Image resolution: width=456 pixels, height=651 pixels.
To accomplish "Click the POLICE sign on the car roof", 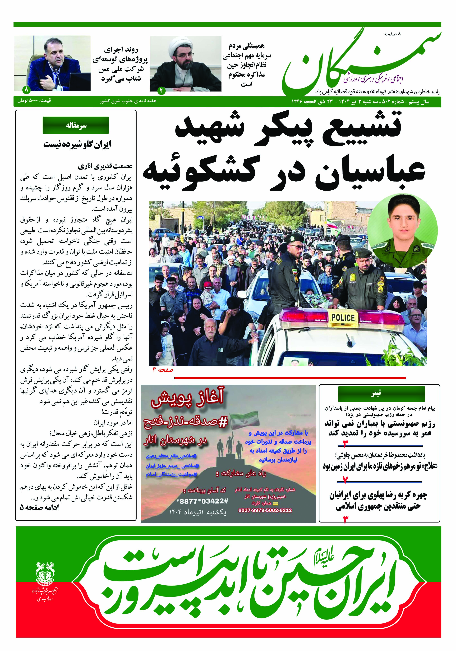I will [x=343, y=318].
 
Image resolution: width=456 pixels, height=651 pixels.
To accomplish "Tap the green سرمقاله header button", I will [x=76, y=125].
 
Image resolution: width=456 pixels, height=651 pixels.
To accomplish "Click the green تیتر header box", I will [x=381, y=393].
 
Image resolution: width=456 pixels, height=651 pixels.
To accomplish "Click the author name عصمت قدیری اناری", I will [x=105, y=166].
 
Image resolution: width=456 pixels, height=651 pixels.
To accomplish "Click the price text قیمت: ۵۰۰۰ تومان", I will [x=34, y=101].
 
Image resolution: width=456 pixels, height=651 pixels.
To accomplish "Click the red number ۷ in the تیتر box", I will [x=345, y=479].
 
